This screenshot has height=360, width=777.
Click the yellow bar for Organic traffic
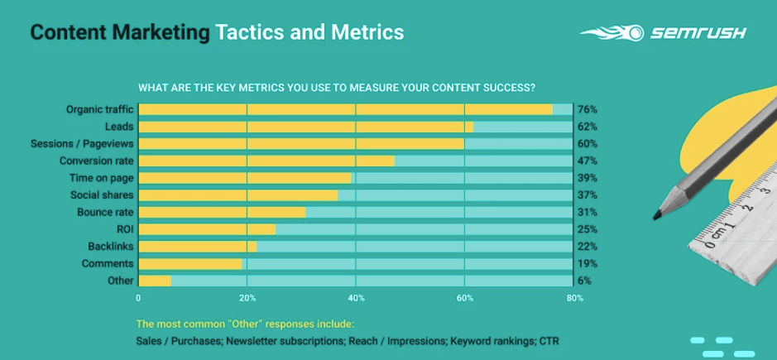click(345, 109)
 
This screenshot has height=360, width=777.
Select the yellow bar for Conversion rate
click(266, 161)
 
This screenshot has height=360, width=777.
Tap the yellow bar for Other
click(155, 281)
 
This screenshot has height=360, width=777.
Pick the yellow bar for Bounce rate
click(222, 212)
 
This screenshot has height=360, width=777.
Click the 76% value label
click(588, 109)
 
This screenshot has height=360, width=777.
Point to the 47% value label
click(588, 161)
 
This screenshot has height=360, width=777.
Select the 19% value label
click(588, 264)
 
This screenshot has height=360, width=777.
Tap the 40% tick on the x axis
click(355, 299)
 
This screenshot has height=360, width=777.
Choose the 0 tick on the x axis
click(138, 299)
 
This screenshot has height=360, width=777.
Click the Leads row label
click(120, 127)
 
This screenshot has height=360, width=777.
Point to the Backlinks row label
click(110, 247)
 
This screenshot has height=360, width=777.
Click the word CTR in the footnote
click(549, 341)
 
